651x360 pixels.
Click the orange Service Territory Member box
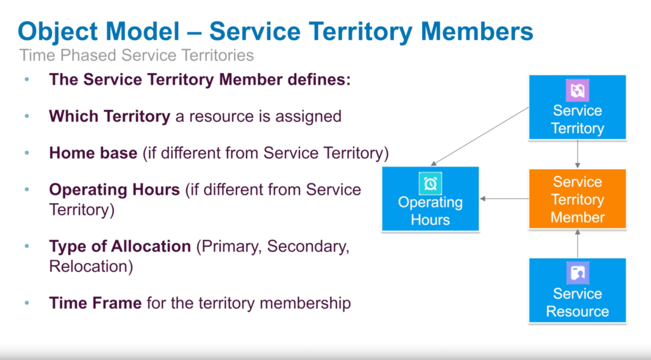click(577, 199)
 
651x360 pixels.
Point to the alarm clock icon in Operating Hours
click(430, 183)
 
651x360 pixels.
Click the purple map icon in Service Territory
click(577, 90)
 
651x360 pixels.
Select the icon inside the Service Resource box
click(577, 273)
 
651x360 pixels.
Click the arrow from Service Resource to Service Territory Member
click(577, 244)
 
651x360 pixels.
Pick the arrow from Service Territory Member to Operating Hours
click(504, 199)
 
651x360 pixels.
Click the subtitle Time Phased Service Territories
click(137, 55)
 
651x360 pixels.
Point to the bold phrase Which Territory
click(109, 116)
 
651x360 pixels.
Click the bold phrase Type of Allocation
click(120, 247)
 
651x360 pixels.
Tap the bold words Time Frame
click(95, 303)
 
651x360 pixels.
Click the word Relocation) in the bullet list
click(91, 266)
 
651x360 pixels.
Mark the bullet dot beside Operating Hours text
click(27, 190)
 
